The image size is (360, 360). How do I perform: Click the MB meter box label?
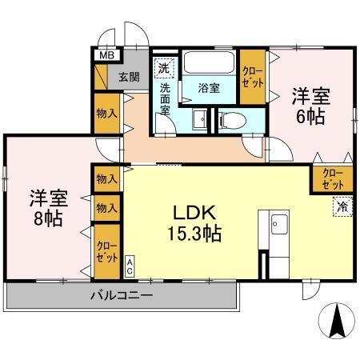[x=104, y=56]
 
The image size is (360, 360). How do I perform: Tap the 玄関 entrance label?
[x=129, y=77]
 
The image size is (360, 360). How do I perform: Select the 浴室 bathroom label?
[x=207, y=89]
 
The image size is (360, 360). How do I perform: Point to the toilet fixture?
[x=229, y=120]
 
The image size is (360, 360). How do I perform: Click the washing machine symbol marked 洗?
[x=164, y=67]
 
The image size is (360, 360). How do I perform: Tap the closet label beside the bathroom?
[x=251, y=78]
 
